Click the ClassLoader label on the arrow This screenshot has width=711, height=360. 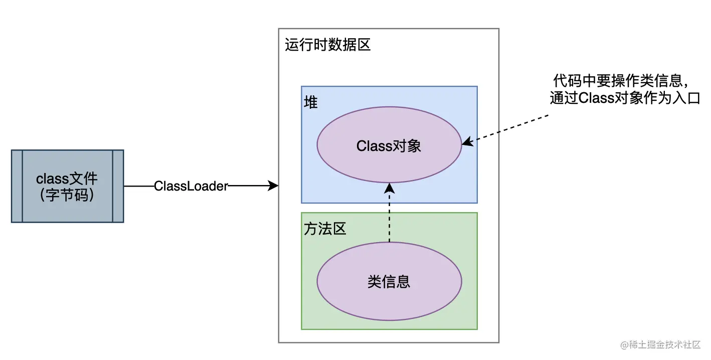click(191, 186)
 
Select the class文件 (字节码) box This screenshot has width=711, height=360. click(67, 186)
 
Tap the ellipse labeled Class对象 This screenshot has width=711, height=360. click(389, 145)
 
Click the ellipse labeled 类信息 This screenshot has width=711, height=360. click(389, 282)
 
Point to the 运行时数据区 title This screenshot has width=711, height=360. click(327, 45)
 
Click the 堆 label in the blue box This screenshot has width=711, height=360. click(311, 102)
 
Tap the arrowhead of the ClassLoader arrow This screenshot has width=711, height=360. click(274, 186)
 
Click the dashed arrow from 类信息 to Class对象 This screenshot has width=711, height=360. click(389, 216)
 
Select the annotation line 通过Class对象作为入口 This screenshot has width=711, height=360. click(624, 98)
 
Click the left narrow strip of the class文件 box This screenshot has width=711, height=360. click(17, 186)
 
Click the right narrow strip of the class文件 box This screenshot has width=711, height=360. click(118, 186)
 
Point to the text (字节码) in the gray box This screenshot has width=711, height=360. click(67, 195)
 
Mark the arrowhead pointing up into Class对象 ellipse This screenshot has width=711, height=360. click(389, 188)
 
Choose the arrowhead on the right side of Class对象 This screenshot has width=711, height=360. click(466, 143)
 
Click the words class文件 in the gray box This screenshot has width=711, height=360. click(67, 178)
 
